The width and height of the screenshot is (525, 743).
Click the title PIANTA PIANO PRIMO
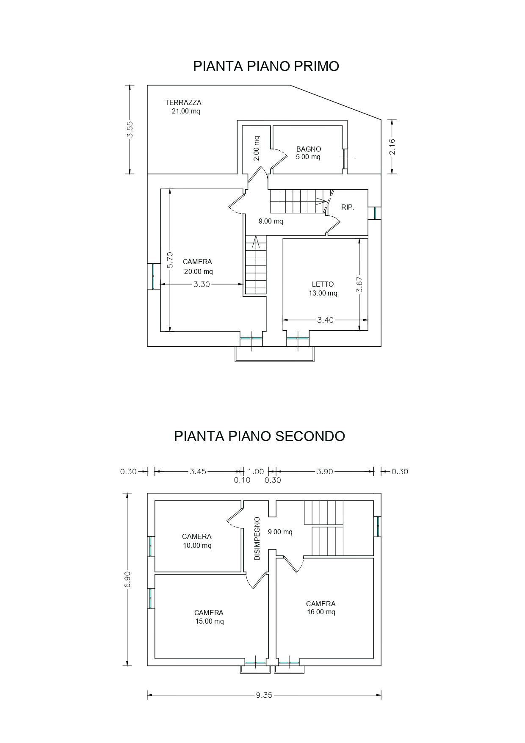click(266, 66)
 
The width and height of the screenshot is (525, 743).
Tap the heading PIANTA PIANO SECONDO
click(260, 436)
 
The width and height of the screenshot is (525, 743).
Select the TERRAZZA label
click(183, 102)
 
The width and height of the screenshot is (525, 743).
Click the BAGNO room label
click(309, 149)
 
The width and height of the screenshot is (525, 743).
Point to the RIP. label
click(348, 207)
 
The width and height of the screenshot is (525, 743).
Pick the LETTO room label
click(323, 284)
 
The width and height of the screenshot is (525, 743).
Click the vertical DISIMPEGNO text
click(257, 538)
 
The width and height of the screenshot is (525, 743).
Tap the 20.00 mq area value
click(199, 272)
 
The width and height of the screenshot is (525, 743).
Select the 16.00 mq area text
click(321, 612)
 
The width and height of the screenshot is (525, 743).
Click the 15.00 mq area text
click(210, 621)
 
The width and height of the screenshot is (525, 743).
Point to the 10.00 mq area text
click(197, 546)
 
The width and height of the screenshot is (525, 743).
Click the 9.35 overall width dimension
click(264, 695)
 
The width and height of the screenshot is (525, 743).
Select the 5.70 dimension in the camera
click(170, 260)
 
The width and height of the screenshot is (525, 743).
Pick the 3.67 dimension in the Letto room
click(359, 284)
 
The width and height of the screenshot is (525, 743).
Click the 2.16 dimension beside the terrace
click(392, 146)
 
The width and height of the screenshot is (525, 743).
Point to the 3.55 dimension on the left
click(130, 130)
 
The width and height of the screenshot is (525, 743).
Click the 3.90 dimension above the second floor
click(325, 472)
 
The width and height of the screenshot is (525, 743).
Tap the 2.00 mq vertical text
click(257, 148)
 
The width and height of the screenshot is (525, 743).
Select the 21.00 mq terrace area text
click(186, 111)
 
